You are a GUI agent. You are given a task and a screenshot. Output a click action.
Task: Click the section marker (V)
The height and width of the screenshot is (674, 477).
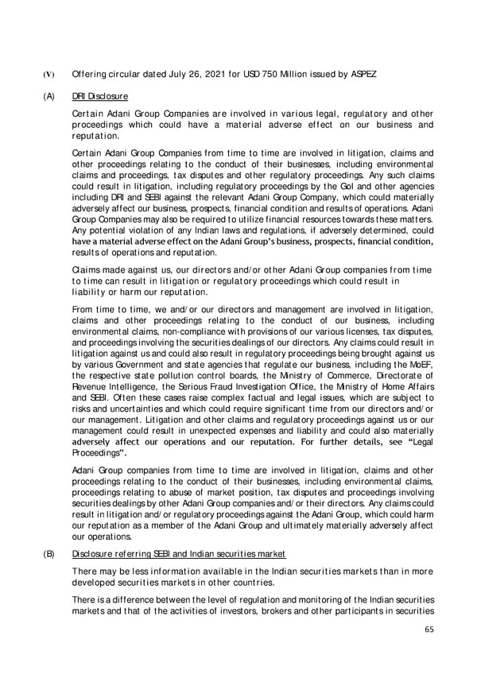(48, 74)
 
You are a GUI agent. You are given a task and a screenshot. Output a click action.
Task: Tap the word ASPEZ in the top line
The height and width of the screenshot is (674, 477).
(359, 74)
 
